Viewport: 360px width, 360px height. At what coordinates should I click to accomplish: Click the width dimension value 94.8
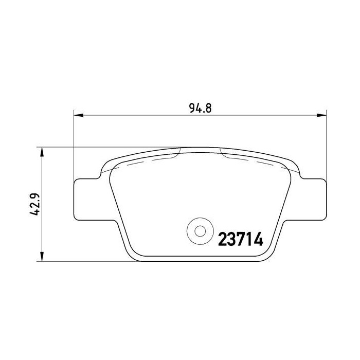pos(201,109)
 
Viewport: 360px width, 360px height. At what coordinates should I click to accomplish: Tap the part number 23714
pos(241,240)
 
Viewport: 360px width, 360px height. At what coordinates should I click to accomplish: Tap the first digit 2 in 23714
pos(223,240)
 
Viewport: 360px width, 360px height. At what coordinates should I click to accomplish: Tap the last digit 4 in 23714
pos(259,240)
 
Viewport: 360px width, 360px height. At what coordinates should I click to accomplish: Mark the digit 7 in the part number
pos(241,240)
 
